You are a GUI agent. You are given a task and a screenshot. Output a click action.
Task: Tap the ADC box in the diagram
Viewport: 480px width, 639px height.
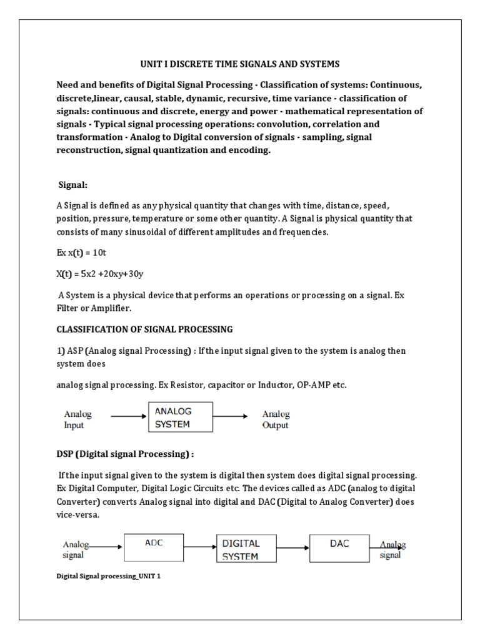point(154,548)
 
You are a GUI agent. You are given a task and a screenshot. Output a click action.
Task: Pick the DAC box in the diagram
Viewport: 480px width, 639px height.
point(339,548)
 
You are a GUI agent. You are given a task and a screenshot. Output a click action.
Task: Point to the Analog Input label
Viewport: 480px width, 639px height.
point(77,419)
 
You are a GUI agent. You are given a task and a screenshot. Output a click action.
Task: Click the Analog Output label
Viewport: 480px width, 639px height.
point(276,419)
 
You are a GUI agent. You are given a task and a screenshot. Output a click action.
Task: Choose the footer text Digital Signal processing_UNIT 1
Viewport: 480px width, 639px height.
point(108,576)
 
